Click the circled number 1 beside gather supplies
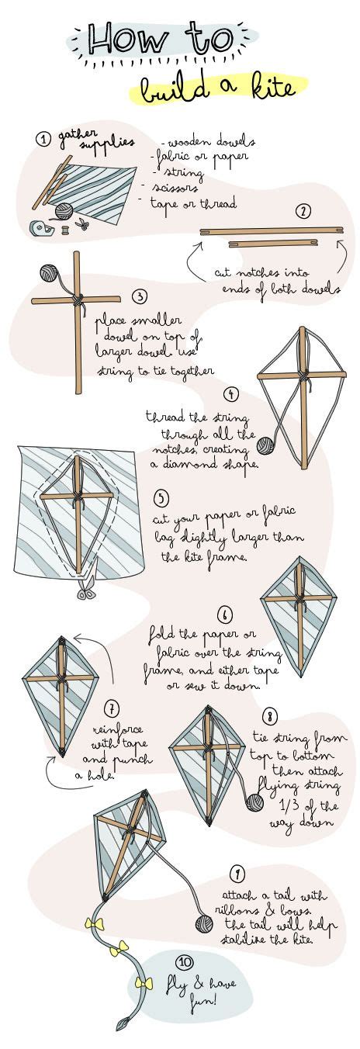(x=44, y=139)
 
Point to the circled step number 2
(x=303, y=211)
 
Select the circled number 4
(x=230, y=395)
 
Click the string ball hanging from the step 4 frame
(x=266, y=445)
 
